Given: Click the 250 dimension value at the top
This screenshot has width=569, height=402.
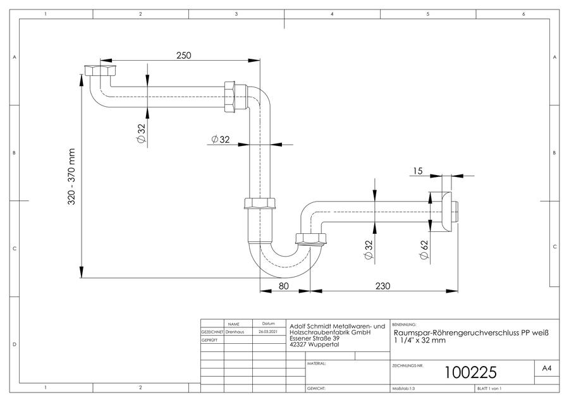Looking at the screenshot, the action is tap(183, 56).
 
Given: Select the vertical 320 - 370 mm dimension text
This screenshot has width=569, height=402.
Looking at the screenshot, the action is tap(71, 177).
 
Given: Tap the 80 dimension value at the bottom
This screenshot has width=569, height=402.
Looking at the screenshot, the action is tap(283, 286).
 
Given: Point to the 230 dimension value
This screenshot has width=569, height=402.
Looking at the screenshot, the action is tap(382, 286).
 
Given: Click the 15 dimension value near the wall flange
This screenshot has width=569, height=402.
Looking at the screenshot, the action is tap(418, 171).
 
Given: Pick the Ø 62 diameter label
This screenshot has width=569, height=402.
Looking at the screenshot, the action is tap(424, 250).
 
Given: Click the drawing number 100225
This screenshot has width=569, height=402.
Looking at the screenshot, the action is tap(470, 372).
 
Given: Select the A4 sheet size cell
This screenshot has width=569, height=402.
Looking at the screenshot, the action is tap(546, 368).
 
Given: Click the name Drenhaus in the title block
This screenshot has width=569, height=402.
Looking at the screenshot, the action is tap(235, 332).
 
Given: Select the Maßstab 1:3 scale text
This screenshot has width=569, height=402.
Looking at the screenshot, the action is tap(403, 389).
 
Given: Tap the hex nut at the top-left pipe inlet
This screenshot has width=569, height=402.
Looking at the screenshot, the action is tap(100, 70).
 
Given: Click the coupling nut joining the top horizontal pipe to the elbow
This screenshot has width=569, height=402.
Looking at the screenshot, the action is tap(230, 97).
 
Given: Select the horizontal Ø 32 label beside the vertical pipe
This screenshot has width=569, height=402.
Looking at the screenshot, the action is tap(221, 139).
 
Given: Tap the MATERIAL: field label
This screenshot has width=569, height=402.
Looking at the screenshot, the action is tap(316, 363).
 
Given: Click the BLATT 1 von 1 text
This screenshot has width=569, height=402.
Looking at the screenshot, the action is tap(489, 389).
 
